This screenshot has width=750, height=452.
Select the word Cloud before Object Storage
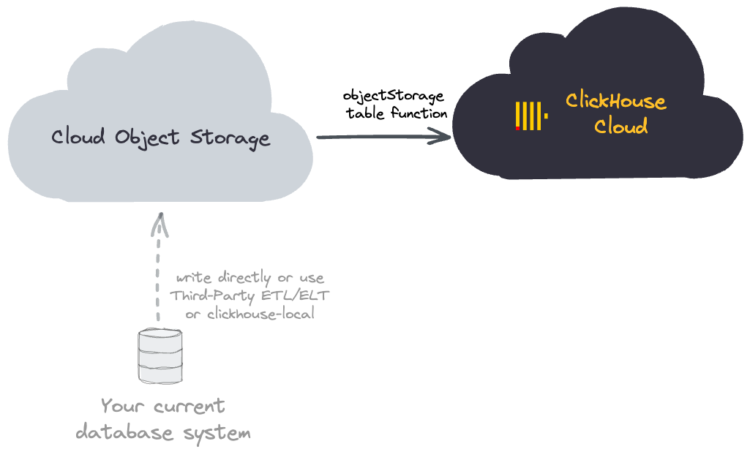[x=78, y=136]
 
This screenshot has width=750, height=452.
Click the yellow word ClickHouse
[x=615, y=102]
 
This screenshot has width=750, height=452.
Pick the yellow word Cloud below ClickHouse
[x=620, y=127]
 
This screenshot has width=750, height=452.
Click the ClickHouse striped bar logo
[x=530, y=116]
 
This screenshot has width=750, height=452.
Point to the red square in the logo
[x=518, y=128]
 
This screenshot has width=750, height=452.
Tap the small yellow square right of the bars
[x=546, y=116]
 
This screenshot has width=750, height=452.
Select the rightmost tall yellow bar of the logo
[x=539, y=116]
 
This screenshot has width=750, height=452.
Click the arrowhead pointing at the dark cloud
[x=442, y=136]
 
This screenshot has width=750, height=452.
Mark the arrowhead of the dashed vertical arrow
[x=160, y=223]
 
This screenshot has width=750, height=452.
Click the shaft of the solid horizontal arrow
[x=373, y=137]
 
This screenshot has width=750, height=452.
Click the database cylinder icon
[x=160, y=355]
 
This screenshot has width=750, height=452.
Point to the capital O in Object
[x=122, y=137]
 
